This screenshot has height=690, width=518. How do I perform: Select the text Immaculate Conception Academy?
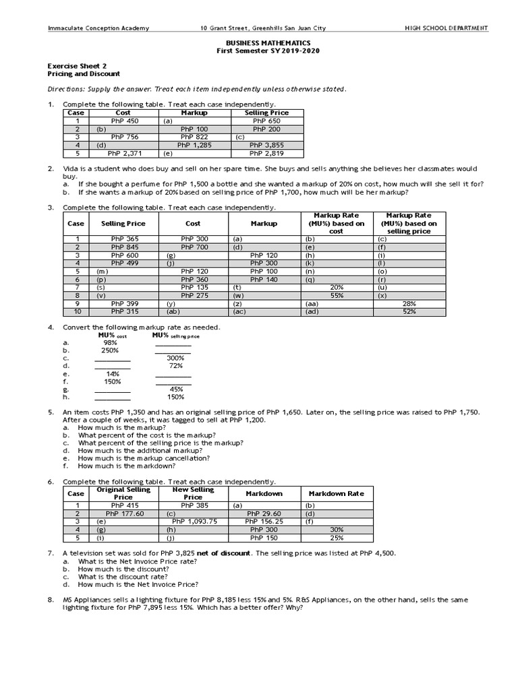pyautogui.click(x=98, y=28)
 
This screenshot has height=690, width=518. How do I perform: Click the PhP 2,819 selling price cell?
pyautogui.click(x=266, y=153)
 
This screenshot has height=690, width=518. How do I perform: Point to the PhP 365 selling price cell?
pyautogui.click(x=124, y=239)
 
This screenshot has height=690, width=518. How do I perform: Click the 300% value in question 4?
pyautogui.click(x=175, y=358)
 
